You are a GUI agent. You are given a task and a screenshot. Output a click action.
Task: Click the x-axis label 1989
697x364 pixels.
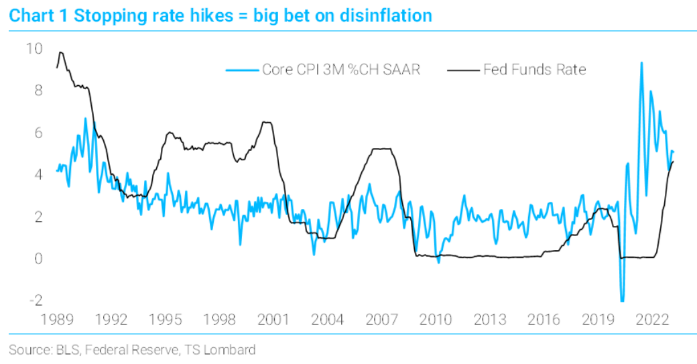[x=58, y=319]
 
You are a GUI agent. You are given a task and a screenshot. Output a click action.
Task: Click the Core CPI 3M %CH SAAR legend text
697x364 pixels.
[x=341, y=70]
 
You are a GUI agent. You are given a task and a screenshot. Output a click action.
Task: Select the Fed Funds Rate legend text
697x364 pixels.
[x=535, y=70]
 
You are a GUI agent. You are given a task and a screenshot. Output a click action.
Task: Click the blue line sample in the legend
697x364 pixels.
[x=242, y=70]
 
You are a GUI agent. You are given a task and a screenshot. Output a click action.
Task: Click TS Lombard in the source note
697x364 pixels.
[x=225, y=349]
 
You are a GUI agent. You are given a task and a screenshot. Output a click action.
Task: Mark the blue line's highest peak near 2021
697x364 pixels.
[x=641, y=63]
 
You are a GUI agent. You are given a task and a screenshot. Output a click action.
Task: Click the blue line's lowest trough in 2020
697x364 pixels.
[x=623, y=301]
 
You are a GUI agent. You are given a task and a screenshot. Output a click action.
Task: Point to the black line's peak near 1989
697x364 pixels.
[x=61, y=52]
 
